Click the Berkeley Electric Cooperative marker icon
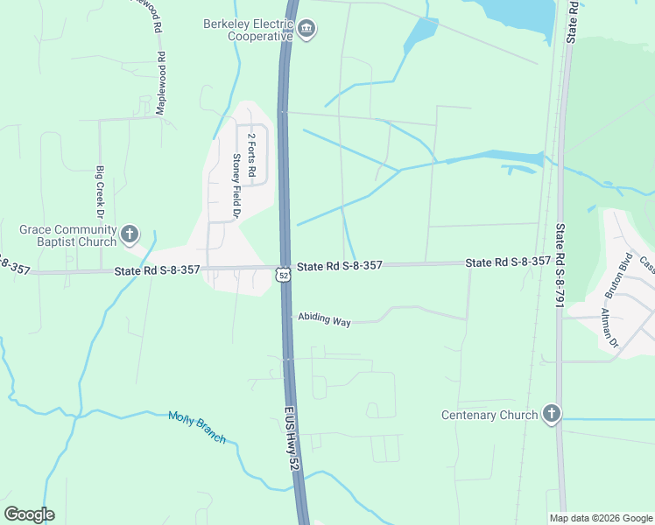click(306, 31)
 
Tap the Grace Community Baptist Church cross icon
click(130, 234)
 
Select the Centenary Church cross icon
click(551, 414)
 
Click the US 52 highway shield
click(281, 275)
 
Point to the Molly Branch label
click(197, 427)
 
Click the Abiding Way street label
click(324, 320)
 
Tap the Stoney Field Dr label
click(236, 185)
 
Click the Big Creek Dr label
click(100, 192)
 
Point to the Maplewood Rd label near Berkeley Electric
click(160, 83)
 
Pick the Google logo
click(29, 514)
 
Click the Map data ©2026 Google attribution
click(601, 518)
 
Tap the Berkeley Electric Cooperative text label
click(249, 30)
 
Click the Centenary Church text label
click(489, 416)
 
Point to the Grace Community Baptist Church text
click(68, 235)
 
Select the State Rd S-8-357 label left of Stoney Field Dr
click(157, 272)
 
